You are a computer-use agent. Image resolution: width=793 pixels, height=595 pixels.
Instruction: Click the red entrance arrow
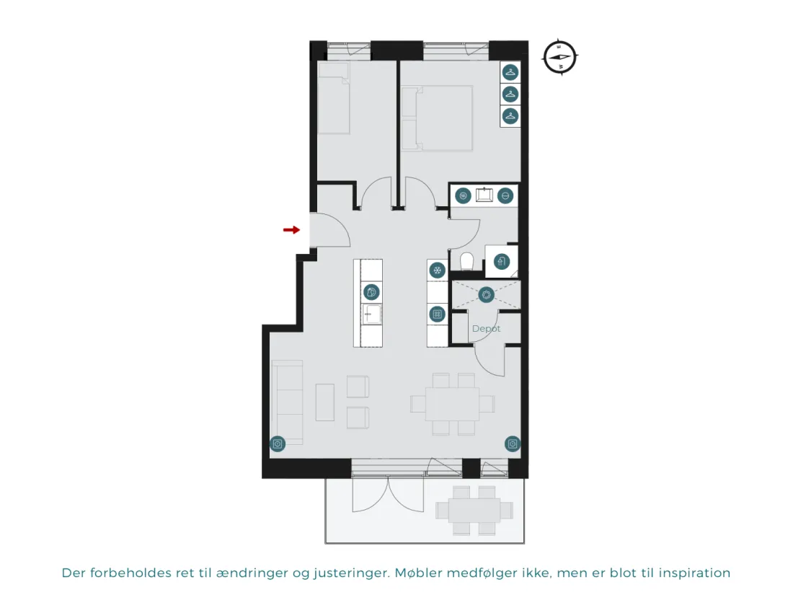pyautogui.click(x=291, y=230)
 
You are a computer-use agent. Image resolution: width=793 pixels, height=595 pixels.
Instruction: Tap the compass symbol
pyautogui.click(x=560, y=57)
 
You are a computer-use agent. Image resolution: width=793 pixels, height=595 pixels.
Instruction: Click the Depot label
pyautogui.click(x=486, y=328)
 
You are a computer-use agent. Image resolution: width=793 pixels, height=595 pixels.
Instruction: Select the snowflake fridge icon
pyautogui.click(x=437, y=270)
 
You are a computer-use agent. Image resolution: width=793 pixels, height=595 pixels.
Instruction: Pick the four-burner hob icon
pyautogui.click(x=437, y=314)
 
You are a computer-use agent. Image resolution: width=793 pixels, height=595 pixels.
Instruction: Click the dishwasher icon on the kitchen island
pyautogui.click(x=372, y=292)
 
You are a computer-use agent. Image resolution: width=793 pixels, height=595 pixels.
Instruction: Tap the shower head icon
pyautogui.click(x=501, y=261)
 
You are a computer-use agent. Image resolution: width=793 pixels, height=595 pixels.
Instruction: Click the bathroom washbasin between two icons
pyautogui.click(x=484, y=195)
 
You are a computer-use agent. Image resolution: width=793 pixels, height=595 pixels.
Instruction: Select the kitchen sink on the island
pyautogui.click(x=372, y=314)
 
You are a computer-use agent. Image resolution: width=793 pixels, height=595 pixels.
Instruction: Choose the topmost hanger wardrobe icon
pyautogui.click(x=510, y=72)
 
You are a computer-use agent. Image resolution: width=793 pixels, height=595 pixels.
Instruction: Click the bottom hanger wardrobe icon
pyautogui.click(x=510, y=116)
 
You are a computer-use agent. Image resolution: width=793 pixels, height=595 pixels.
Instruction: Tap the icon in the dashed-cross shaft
pyautogui.click(x=486, y=294)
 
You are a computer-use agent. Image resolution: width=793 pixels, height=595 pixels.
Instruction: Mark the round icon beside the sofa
pyautogui.click(x=277, y=444)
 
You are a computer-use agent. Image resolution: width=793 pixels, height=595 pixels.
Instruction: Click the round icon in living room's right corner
pyautogui.click(x=513, y=444)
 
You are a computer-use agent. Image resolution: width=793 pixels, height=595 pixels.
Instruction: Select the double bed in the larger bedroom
pyautogui.click(x=438, y=118)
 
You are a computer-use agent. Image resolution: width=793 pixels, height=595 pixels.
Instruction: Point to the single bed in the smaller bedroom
pyautogui.click(x=334, y=98)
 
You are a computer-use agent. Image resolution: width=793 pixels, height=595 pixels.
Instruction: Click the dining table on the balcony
pyautogui.click(x=474, y=510)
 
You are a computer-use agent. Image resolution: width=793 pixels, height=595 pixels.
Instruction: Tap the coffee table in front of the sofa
pyautogui.click(x=325, y=402)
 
